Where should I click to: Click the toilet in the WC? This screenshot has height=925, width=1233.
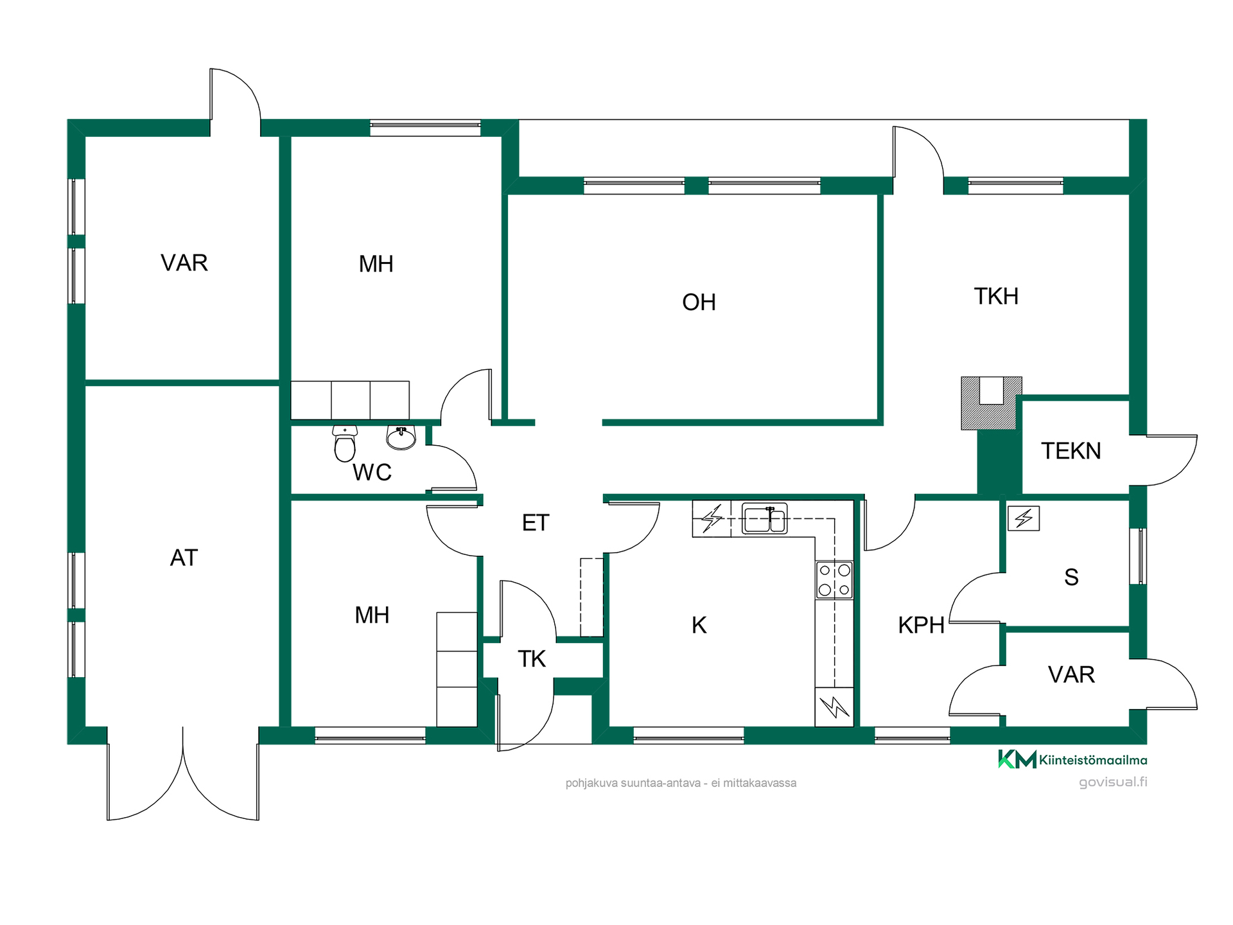click(345, 443)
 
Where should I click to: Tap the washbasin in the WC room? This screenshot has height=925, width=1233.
click(401, 437)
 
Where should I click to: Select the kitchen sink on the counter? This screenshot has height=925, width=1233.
click(764, 518)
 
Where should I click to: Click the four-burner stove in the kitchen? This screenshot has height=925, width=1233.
click(834, 579)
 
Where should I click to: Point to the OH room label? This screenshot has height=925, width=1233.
click(699, 302)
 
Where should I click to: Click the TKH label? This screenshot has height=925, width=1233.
click(996, 296)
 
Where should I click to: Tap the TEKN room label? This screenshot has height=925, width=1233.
click(1071, 451)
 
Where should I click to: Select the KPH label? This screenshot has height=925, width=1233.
click(921, 625)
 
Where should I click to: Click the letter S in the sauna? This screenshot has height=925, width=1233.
click(1071, 577)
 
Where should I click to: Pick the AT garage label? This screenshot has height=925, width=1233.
click(184, 558)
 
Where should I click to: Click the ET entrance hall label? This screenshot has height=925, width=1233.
click(536, 523)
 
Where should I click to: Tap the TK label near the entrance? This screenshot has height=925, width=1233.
click(532, 659)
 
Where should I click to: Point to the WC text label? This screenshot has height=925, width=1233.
click(372, 473)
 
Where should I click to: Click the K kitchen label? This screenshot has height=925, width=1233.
click(699, 625)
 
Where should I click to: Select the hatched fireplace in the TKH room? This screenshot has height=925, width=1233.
click(991, 403)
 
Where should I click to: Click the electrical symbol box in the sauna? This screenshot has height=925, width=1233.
click(1024, 518)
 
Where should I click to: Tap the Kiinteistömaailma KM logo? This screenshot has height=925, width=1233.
click(1072, 759)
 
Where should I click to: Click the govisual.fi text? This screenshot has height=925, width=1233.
click(1113, 782)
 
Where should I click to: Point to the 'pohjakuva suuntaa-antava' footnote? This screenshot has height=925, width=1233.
click(681, 783)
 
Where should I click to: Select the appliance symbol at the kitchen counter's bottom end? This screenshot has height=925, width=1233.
click(834, 707)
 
